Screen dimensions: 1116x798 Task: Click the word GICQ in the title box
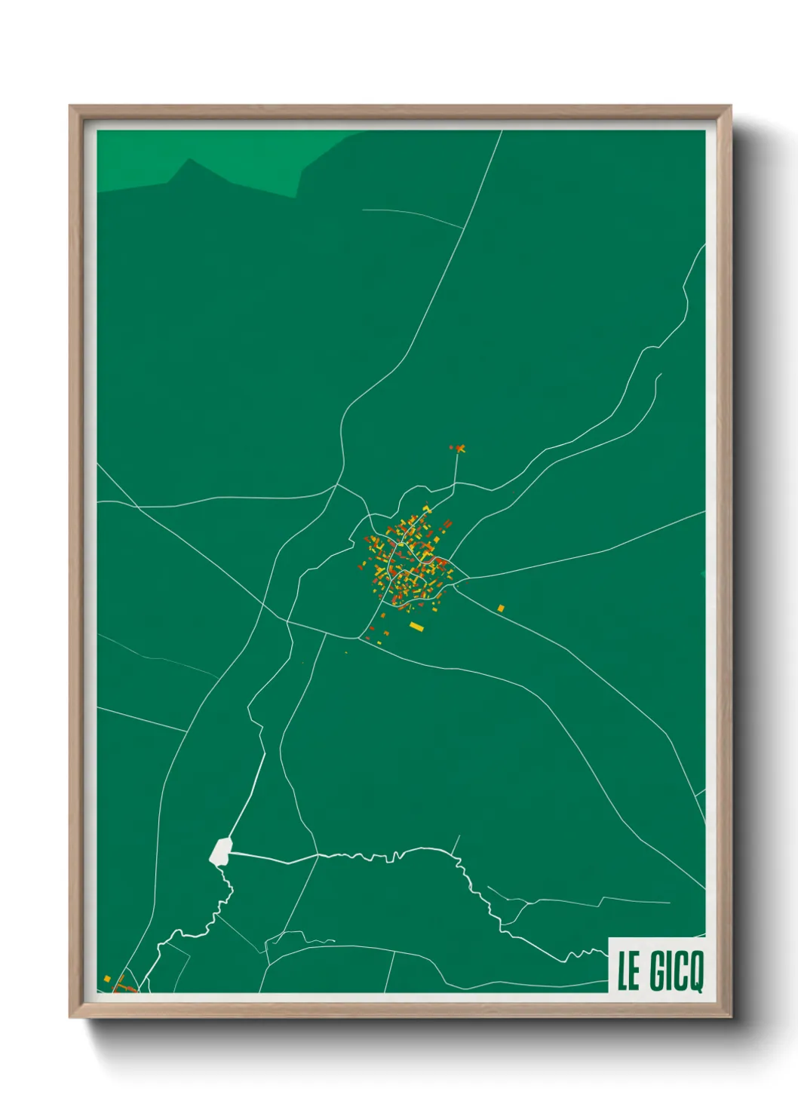coord(677,971)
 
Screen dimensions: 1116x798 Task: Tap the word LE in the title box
coord(628,971)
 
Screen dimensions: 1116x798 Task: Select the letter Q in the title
coord(695,973)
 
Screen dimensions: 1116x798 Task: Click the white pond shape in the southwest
coord(220,851)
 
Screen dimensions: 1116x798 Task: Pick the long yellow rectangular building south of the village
coord(416,626)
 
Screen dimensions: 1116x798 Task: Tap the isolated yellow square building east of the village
coord(501,608)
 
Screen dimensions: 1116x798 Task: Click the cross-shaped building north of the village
coord(460,449)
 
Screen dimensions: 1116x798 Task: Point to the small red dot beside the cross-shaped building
coord(451,447)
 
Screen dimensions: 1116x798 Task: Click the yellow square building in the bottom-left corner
coord(107,979)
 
